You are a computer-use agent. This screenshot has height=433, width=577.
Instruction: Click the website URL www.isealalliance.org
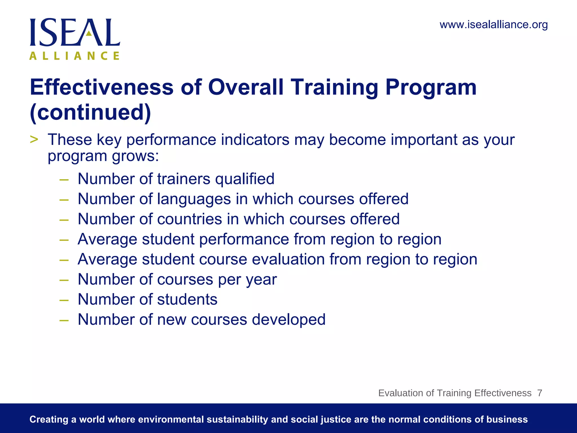[x=494, y=25]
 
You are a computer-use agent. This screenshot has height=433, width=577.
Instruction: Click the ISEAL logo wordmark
[x=75, y=32]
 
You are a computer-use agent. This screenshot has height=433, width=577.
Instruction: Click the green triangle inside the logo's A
[x=89, y=33]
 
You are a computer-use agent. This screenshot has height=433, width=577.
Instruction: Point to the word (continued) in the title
[x=90, y=112]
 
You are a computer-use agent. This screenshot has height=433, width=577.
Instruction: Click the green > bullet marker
[x=34, y=139]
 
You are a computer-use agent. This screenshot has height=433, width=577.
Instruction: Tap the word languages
[x=194, y=199]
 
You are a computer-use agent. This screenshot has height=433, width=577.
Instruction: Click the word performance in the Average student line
[x=244, y=239]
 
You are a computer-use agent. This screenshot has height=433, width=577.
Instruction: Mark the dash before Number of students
[x=64, y=300]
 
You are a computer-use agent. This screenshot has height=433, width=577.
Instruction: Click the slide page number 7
[x=540, y=393]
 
